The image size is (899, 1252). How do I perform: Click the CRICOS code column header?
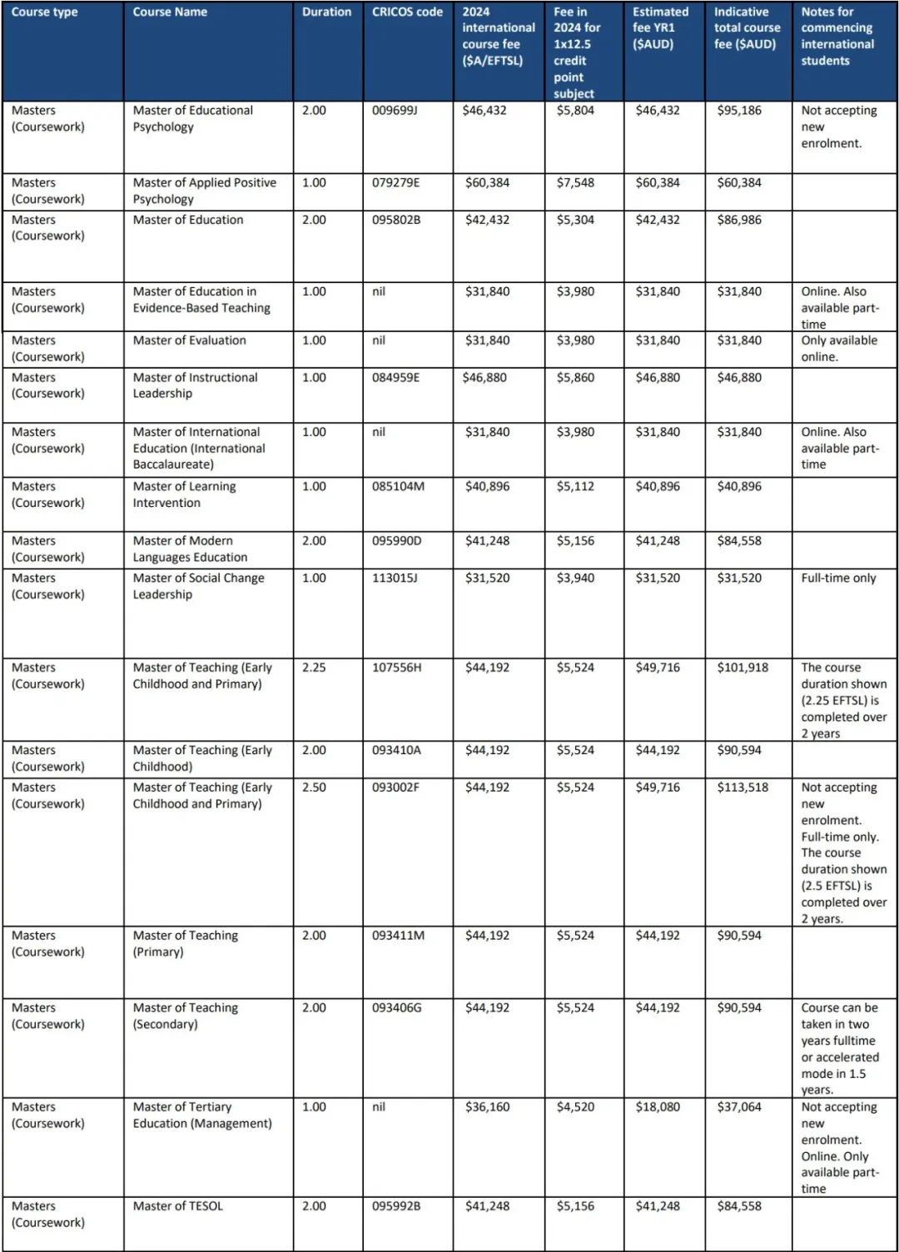[x=407, y=12]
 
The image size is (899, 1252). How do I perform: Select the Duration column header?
[x=326, y=12]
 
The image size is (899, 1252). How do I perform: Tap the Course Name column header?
[x=170, y=12]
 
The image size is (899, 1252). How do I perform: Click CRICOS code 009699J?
[x=394, y=111]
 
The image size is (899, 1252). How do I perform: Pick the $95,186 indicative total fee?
[x=739, y=111]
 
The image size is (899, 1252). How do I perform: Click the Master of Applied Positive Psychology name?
[x=204, y=191]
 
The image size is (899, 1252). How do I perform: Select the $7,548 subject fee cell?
[x=575, y=183]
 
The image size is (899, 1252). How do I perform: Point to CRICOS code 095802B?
[x=396, y=221]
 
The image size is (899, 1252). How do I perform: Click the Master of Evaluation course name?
[x=189, y=340]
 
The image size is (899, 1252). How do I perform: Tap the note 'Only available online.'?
[x=838, y=349]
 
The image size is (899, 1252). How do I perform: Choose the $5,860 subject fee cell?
[x=575, y=378]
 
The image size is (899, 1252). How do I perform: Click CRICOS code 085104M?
[x=398, y=487]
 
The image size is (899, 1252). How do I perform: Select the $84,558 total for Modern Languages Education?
[x=739, y=541]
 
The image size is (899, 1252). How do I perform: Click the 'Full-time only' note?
[x=838, y=579]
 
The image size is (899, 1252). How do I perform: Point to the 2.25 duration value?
[x=314, y=668]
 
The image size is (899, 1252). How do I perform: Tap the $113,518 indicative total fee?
[x=743, y=787]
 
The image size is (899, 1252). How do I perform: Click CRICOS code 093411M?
[x=398, y=936]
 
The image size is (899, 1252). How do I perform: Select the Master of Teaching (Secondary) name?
[x=185, y=1016]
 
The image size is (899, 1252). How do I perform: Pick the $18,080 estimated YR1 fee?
[x=658, y=1107]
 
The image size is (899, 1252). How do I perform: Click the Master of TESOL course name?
[x=177, y=1206]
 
